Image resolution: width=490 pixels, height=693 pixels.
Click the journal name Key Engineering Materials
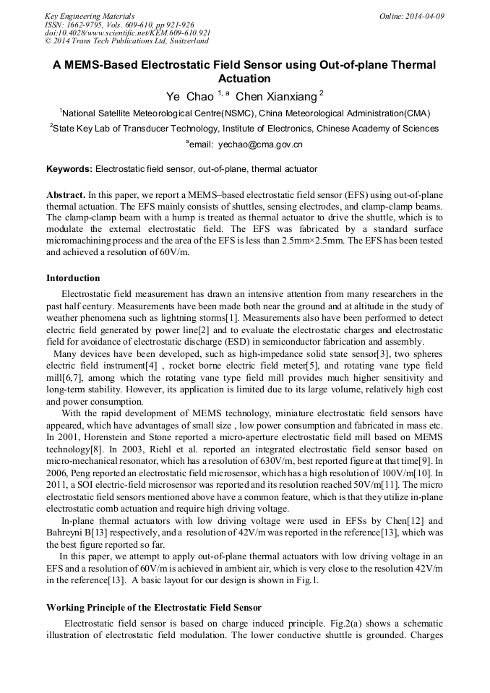point(89,16)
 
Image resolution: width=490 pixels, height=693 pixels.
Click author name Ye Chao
point(189,95)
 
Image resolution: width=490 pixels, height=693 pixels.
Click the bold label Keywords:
point(69,169)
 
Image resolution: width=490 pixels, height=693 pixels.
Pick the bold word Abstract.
point(65,195)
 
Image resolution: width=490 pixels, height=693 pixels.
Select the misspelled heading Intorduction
point(73,278)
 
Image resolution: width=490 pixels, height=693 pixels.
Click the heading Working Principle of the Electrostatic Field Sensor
point(153,607)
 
